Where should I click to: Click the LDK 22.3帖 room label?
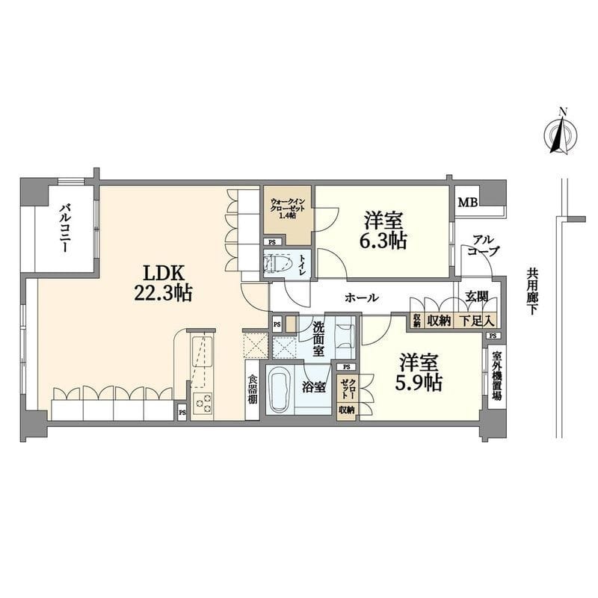(163, 283)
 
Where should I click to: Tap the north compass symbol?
(560, 135)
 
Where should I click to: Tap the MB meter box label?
(468, 202)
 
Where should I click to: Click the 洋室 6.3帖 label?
(383, 230)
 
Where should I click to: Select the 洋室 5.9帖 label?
(419, 372)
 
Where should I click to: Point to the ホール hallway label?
(362, 298)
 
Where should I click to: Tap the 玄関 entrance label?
(477, 296)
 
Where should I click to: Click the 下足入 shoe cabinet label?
(476, 321)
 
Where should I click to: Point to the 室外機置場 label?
(496, 375)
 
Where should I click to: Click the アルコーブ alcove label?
(483, 246)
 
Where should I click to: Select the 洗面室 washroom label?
(318, 339)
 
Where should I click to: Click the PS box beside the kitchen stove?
(182, 413)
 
